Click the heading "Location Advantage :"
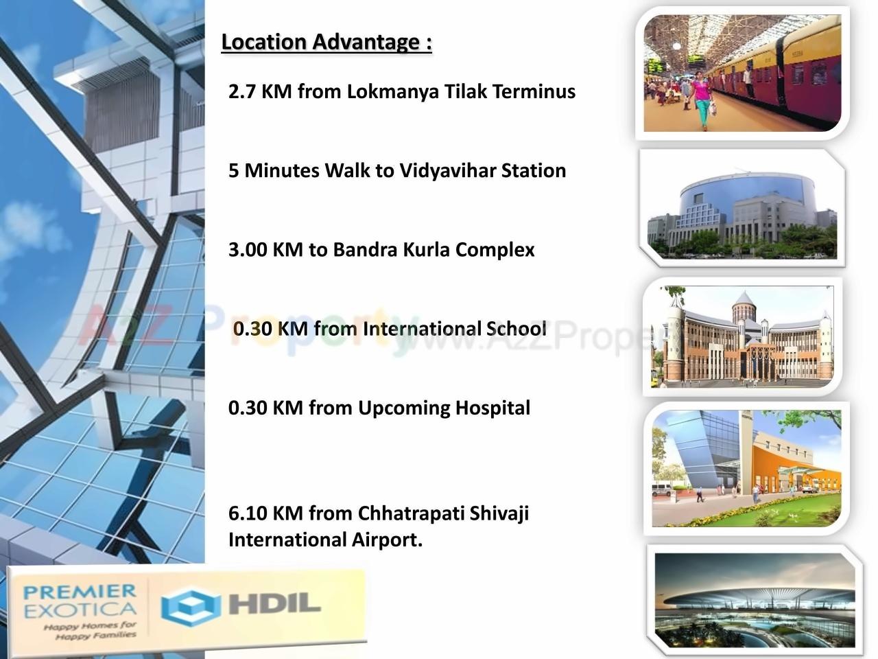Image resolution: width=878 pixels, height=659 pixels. [x=327, y=42]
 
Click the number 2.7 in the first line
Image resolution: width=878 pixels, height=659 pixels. [x=241, y=91]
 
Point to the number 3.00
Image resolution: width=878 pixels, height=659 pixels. [x=248, y=249]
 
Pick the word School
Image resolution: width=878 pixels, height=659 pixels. [x=517, y=329]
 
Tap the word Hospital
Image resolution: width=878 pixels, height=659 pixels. [x=493, y=408]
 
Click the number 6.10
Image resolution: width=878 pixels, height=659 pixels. [x=248, y=513]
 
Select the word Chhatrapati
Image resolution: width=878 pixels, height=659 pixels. [x=411, y=513]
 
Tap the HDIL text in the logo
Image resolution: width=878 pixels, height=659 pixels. [x=274, y=604]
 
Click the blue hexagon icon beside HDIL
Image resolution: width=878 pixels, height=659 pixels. [x=190, y=606]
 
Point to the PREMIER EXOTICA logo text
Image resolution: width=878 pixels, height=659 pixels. [x=80, y=600]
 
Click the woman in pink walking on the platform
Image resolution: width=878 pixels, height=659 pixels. [x=700, y=96]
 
